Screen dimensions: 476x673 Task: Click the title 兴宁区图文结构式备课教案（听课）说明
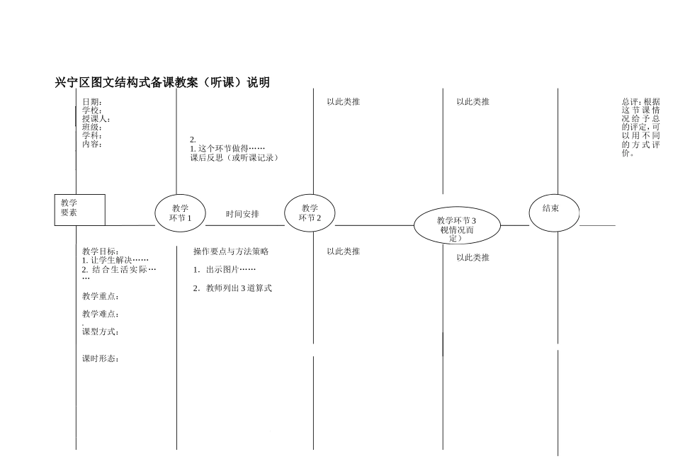click(162, 83)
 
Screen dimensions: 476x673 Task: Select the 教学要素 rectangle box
click(79, 210)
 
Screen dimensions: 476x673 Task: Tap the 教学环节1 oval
click(180, 212)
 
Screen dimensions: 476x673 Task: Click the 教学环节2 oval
click(310, 212)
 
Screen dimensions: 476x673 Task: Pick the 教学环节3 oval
click(457, 225)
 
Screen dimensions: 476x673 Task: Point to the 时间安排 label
click(242, 214)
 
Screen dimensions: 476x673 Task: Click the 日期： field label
click(92, 102)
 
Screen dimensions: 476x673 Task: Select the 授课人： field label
click(96, 119)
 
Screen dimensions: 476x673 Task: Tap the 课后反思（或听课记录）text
click(234, 157)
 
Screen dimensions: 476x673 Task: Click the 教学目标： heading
click(101, 251)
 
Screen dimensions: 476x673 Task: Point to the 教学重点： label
click(101, 296)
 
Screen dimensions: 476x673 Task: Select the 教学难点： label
click(101, 314)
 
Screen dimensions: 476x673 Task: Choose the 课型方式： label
click(101, 331)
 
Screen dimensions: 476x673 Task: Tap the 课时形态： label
click(101, 358)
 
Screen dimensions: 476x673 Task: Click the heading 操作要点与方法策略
click(231, 251)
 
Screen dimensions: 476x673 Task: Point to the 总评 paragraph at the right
click(640, 127)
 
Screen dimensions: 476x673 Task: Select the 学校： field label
click(92, 110)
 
